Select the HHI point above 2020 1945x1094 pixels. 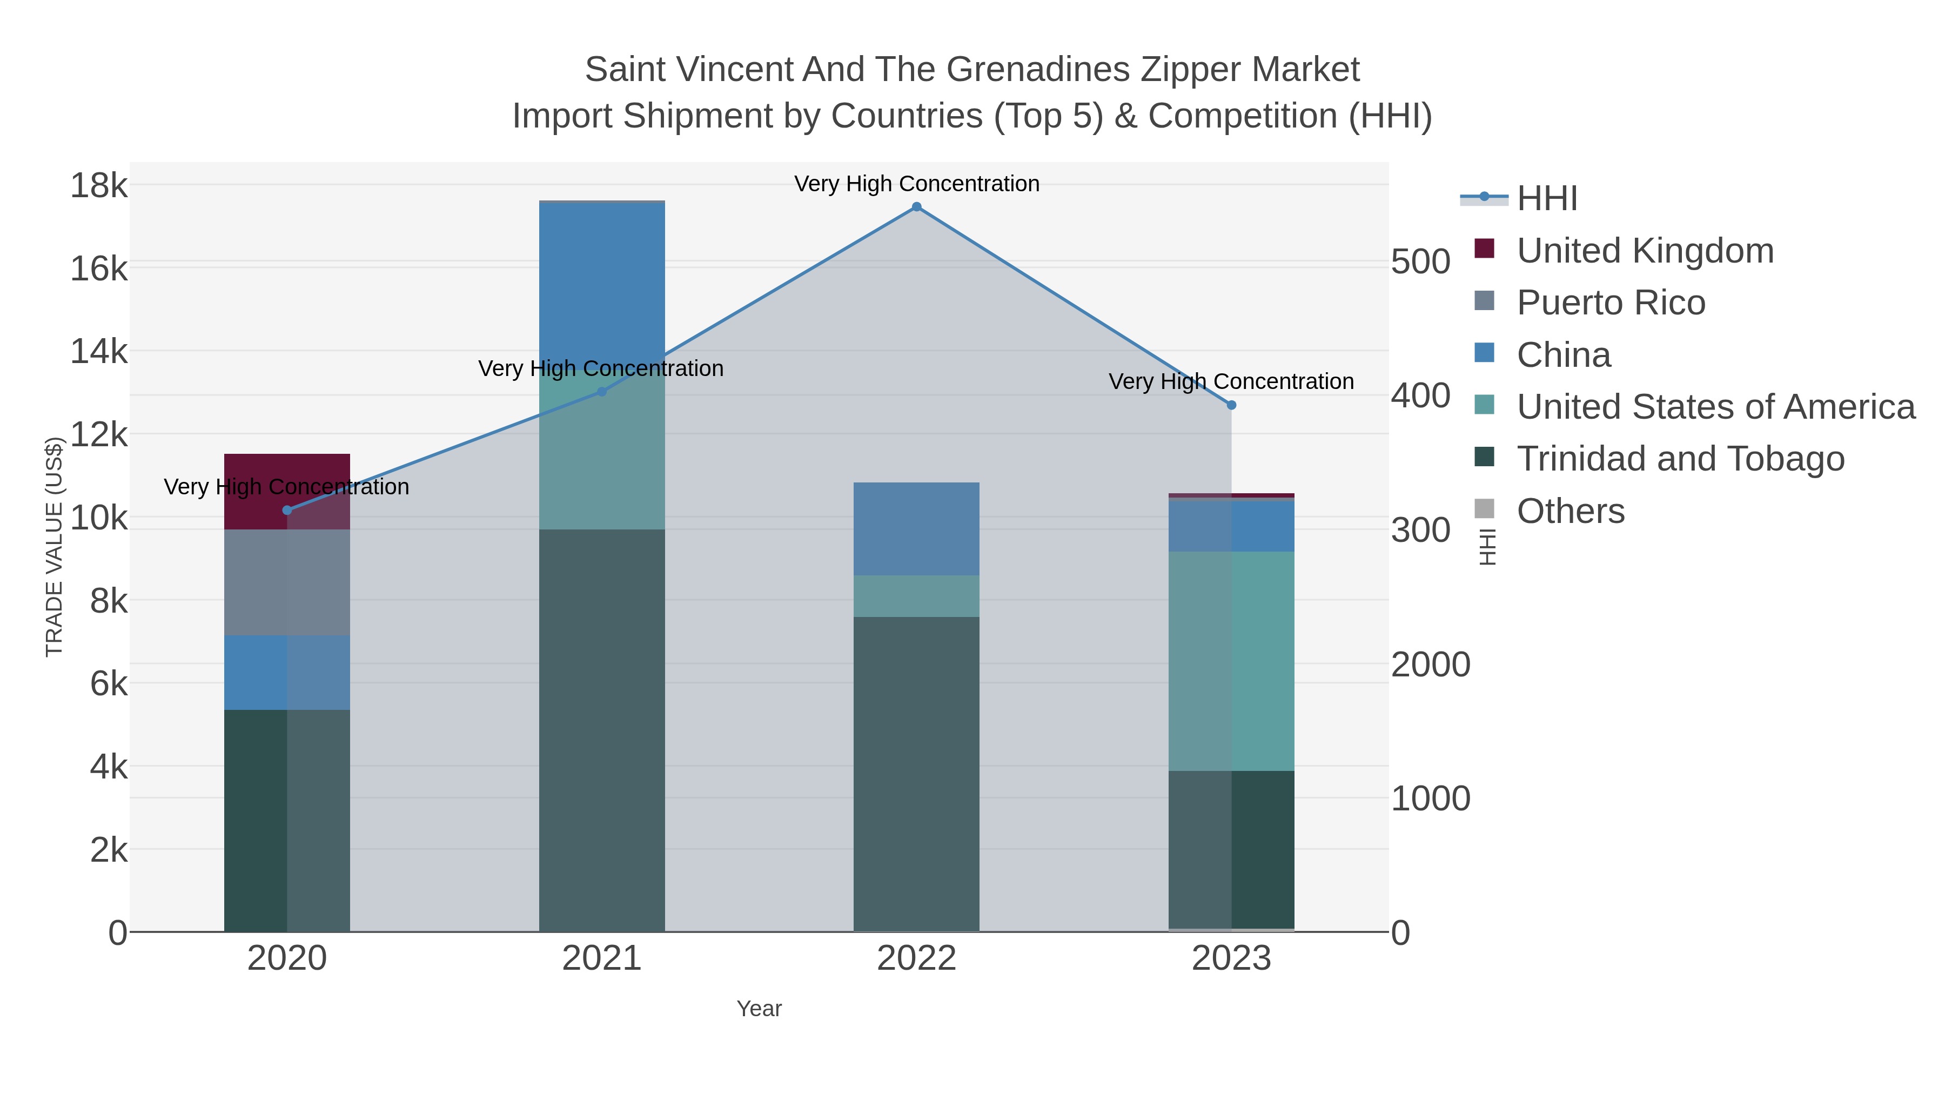[x=287, y=511]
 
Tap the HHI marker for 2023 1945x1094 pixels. [x=1231, y=405]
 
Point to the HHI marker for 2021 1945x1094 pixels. [x=602, y=392]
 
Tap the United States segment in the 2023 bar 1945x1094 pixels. [x=1231, y=661]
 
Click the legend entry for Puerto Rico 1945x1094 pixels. [x=1611, y=303]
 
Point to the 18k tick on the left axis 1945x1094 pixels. [x=99, y=185]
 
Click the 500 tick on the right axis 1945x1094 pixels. [x=1419, y=262]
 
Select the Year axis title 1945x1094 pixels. [x=759, y=1009]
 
